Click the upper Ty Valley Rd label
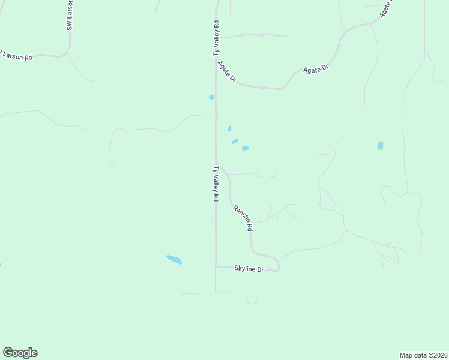tap(217, 38)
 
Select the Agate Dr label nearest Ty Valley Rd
tap(228, 72)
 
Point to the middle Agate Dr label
tap(316, 69)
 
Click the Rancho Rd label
tap(243, 218)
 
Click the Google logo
tap(20, 353)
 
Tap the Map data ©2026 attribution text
tap(423, 355)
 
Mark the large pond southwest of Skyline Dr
tap(174, 260)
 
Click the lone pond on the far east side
tap(380, 146)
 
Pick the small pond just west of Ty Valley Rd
tap(211, 97)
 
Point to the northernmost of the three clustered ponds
tap(229, 128)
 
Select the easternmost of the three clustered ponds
tap(245, 148)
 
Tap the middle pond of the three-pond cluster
tap(235, 142)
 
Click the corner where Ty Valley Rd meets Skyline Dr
tap(216, 266)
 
